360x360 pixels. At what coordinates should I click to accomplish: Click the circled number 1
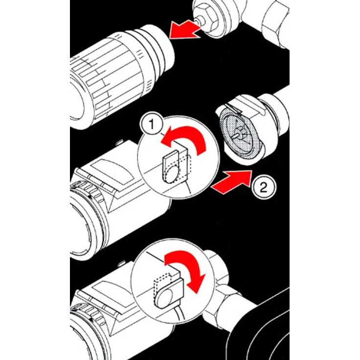point(152,125)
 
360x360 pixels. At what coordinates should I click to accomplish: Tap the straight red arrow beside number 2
point(232,182)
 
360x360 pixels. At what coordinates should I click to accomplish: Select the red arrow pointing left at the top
point(185,29)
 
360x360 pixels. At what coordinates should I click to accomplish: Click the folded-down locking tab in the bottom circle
point(169,294)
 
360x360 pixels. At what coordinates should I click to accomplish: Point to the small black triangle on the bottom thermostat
point(92,319)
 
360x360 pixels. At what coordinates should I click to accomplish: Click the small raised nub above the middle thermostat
point(120,142)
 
